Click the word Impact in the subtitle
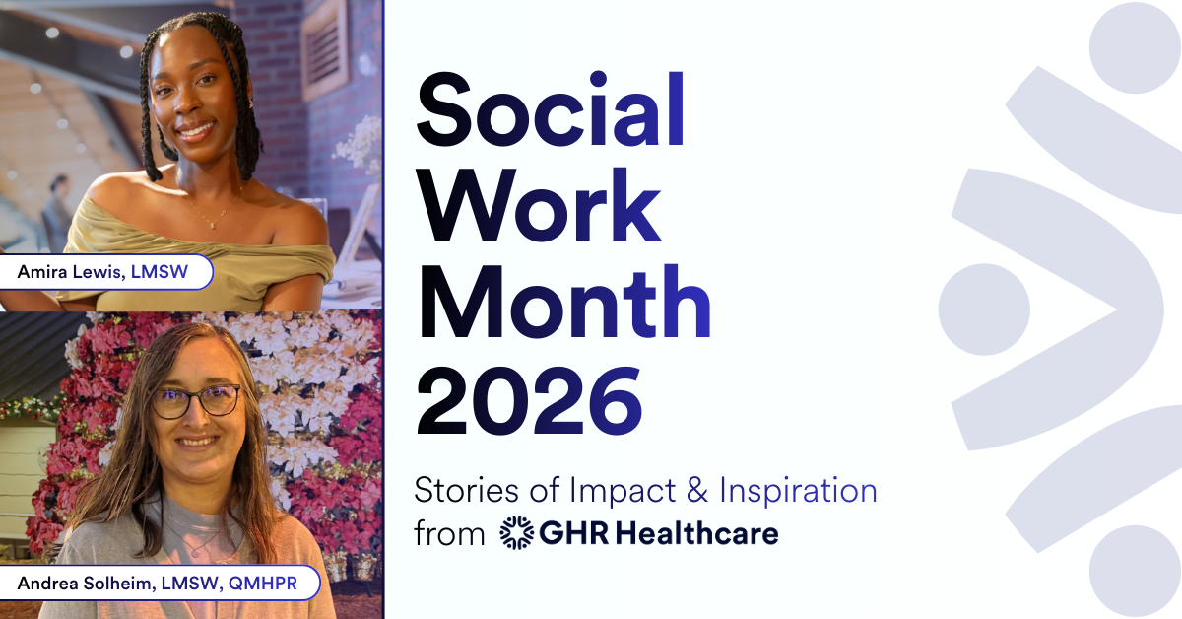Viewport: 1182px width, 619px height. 629,489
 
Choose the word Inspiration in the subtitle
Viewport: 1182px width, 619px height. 798,489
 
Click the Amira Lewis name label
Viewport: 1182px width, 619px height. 107,272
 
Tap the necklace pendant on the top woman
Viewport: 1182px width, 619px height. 211,225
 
